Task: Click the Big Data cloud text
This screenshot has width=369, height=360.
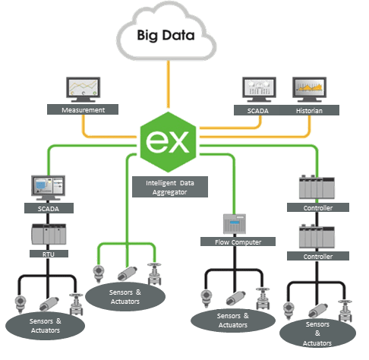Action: click(166, 35)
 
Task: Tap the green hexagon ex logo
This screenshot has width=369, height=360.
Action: click(168, 142)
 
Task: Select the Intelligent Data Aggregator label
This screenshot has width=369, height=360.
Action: click(170, 187)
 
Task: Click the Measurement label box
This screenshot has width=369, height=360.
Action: click(83, 109)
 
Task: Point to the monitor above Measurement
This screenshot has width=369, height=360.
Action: click(84, 90)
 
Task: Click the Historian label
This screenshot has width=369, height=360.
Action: click(309, 111)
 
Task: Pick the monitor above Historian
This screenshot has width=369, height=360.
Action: click(310, 90)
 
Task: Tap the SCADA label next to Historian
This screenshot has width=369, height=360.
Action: click(257, 111)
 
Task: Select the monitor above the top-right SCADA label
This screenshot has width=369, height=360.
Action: click(259, 90)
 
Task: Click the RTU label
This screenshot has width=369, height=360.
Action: click(49, 254)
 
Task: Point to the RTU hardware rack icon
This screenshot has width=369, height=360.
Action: click(49, 234)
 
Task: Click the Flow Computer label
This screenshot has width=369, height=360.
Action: click(238, 242)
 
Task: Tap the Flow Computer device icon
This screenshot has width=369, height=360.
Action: click(235, 224)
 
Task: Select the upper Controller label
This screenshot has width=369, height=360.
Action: click(318, 207)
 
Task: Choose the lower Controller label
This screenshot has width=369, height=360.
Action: click(318, 256)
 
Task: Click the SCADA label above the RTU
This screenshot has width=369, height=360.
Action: click(49, 208)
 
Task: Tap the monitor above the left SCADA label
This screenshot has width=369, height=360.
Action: click(48, 188)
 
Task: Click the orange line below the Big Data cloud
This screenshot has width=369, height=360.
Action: click(168, 84)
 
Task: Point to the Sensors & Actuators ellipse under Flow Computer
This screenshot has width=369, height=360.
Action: click(233, 321)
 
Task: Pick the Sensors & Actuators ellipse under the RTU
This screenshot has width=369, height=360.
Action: click(45, 326)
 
